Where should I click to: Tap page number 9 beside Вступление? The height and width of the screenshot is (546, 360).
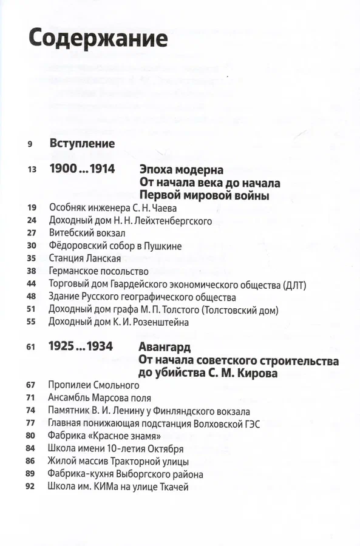click(30, 144)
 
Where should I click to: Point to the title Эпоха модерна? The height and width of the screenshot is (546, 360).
click(181, 169)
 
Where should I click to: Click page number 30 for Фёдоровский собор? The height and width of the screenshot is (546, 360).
click(32, 246)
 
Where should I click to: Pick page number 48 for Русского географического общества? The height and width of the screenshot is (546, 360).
click(32, 297)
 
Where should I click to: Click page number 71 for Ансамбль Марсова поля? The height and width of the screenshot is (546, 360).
click(32, 399)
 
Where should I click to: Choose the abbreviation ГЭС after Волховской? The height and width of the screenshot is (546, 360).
click(250, 424)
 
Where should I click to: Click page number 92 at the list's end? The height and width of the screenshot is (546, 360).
click(32, 487)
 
